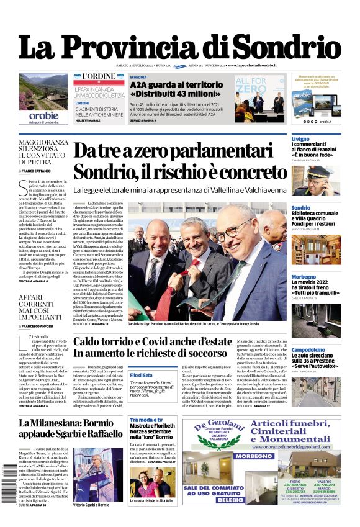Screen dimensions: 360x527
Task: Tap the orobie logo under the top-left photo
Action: coord(43,115)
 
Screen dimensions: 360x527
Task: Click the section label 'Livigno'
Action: coord(300,139)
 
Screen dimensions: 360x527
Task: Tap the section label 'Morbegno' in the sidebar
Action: coord(304,276)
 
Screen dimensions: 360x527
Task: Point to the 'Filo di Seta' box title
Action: coord(142,375)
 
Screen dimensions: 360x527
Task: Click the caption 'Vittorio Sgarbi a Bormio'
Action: coord(91,505)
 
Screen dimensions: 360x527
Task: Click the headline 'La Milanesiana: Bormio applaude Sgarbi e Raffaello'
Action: coord(70,428)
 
